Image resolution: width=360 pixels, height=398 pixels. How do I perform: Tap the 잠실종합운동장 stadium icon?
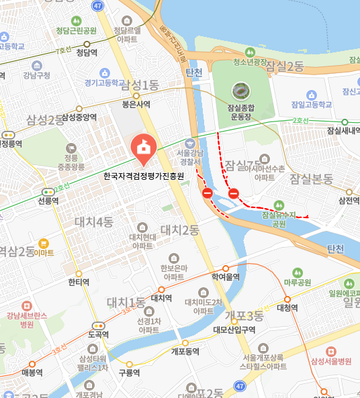click(x=240, y=89)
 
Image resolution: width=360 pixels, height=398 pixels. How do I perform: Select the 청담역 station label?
click(x=87, y=52)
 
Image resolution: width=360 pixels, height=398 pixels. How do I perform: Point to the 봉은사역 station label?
click(x=136, y=104)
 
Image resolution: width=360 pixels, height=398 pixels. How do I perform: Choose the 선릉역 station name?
click(x=48, y=200)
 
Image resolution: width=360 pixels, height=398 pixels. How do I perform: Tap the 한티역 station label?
click(x=79, y=282)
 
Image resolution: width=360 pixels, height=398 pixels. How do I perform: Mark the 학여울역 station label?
click(x=225, y=277)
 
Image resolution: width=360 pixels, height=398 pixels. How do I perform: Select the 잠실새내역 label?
click(x=342, y=131)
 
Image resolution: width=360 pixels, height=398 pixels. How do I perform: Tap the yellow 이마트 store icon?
click(x=44, y=242)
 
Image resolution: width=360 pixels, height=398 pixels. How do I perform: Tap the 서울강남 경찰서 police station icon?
click(x=190, y=143)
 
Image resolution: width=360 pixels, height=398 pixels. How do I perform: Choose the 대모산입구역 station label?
click(x=234, y=329)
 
